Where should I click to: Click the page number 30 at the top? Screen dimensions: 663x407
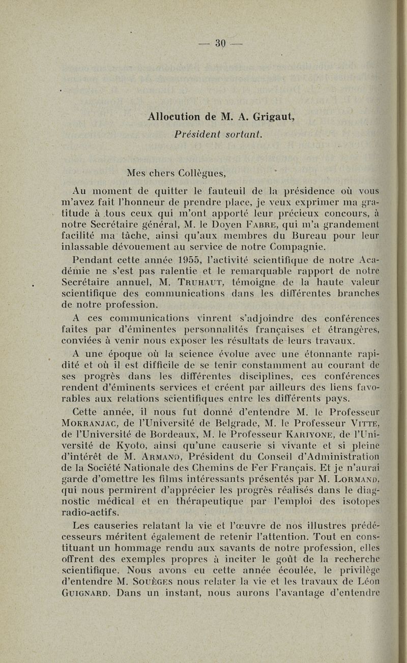pyautogui.click(x=219, y=42)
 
